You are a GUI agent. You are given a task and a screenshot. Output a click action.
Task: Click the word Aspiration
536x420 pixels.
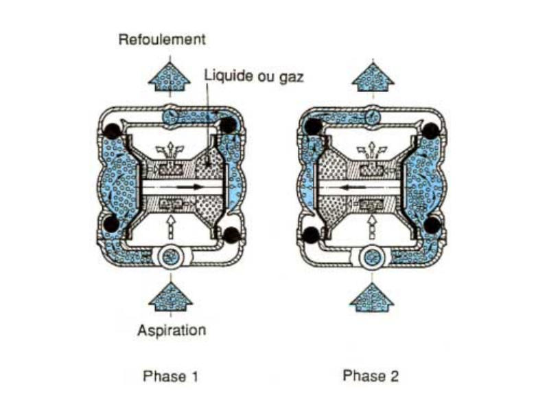171,330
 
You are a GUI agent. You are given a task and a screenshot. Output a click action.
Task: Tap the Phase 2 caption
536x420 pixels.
371,376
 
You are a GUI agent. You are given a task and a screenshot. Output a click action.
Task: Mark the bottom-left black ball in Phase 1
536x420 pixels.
109,223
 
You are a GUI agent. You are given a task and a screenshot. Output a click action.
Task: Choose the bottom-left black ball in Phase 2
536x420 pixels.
311,234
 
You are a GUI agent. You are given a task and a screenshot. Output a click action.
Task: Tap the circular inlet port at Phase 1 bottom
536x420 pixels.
170,258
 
